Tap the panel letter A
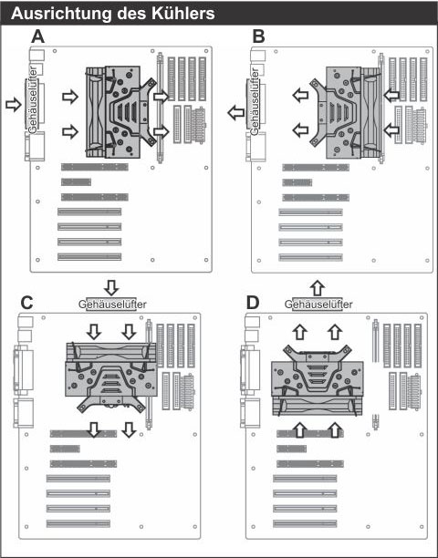[x=38, y=36]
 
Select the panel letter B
[x=258, y=36]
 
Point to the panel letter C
[x=27, y=303]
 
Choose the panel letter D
[x=253, y=304]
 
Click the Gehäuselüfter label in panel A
[x=32, y=99]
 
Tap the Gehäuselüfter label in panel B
[x=255, y=101]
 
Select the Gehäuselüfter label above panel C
[x=112, y=305]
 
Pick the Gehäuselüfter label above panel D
[x=318, y=305]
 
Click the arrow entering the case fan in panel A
[x=14, y=105]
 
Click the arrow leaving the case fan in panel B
[x=235, y=113]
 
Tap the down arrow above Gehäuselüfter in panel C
[x=112, y=287]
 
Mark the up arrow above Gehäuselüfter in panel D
[x=318, y=288]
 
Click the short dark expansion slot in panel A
[x=76, y=182]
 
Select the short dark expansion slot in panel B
[x=297, y=182]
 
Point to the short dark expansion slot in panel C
[x=65, y=449]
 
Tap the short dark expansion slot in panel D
[x=292, y=449]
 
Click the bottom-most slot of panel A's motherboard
[x=89, y=256]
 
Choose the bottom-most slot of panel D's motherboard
[x=305, y=523]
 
